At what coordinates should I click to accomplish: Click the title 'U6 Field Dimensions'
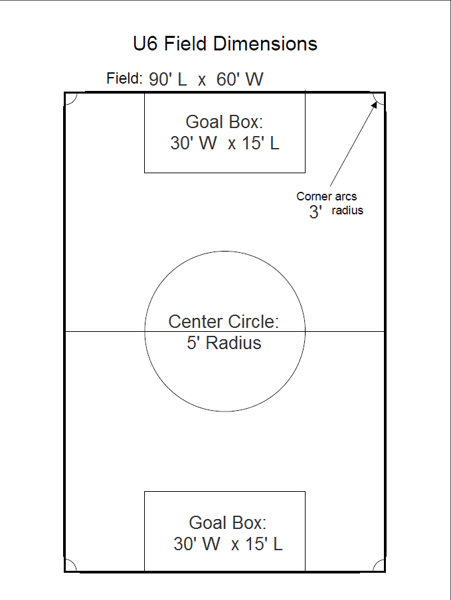click(225, 44)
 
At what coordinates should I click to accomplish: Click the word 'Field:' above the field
click(124, 78)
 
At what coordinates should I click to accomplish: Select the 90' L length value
click(169, 80)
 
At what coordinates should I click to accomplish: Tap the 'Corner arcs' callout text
click(326, 196)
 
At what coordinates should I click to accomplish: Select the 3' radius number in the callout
click(315, 212)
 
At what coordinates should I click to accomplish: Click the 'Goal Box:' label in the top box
click(225, 122)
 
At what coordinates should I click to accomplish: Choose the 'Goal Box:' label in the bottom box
click(228, 522)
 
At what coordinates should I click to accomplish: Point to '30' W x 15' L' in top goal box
click(225, 143)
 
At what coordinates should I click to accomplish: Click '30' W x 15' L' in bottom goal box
click(228, 544)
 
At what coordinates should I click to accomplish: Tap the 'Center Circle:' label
click(223, 322)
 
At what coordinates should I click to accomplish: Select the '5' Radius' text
click(224, 343)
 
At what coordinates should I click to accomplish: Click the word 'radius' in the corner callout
click(347, 211)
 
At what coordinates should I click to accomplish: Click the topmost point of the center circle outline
click(225, 251)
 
